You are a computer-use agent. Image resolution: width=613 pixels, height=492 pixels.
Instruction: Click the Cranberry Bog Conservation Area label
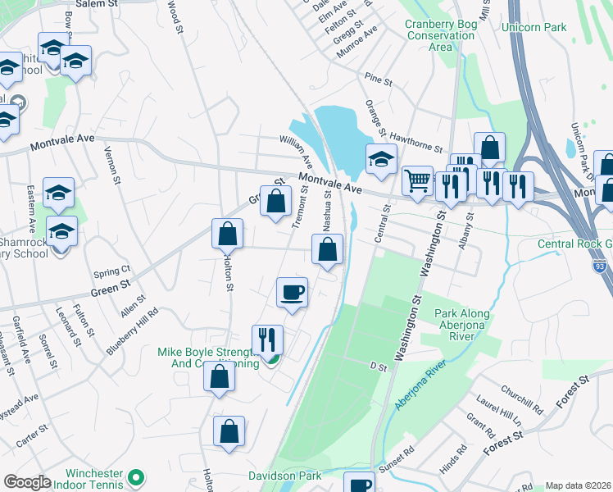pyautogui.click(x=440, y=35)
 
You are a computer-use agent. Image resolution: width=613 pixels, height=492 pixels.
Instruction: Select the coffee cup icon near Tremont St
pyautogui.click(x=292, y=293)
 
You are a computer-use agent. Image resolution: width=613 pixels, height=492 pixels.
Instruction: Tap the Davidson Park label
pyautogui.click(x=285, y=476)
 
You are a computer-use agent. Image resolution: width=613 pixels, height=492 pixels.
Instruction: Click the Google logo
pyautogui.click(x=27, y=482)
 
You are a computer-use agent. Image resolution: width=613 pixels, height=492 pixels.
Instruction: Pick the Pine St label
pyautogui.click(x=379, y=81)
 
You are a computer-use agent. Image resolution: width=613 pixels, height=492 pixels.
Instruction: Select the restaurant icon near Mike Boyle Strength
pyautogui.click(x=267, y=339)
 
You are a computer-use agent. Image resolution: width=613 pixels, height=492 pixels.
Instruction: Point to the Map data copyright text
pyautogui.click(x=578, y=485)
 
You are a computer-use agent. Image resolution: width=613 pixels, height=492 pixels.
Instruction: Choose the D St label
pyautogui.click(x=377, y=367)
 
